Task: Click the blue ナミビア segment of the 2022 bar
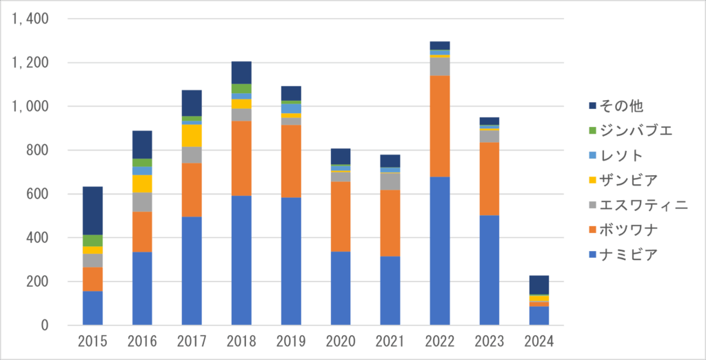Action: pyautogui.click(x=439, y=250)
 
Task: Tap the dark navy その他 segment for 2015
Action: pyautogui.click(x=92, y=210)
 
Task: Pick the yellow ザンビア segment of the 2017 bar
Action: pyautogui.click(x=192, y=136)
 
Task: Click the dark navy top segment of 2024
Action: pyautogui.click(x=538, y=285)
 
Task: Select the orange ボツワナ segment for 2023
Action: pyautogui.click(x=489, y=179)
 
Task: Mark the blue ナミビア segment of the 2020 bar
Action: pyautogui.click(x=341, y=288)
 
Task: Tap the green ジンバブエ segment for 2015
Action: pyautogui.click(x=92, y=241)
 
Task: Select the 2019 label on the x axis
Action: pyautogui.click(x=291, y=341)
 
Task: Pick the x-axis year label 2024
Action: pyautogui.click(x=538, y=341)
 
